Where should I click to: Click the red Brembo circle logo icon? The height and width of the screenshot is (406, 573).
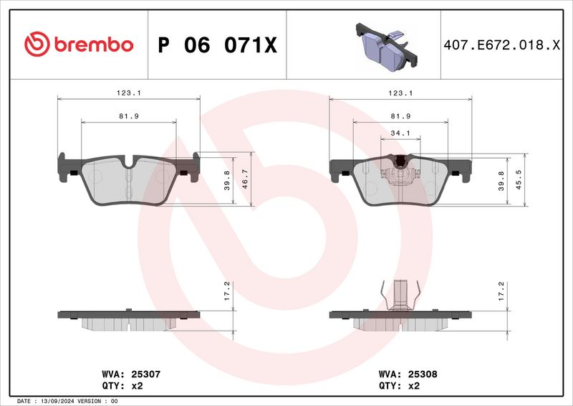pos(36,44)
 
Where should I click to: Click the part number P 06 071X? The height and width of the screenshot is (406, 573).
pos(216,45)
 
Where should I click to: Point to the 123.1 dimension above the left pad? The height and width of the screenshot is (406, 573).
pos(127,93)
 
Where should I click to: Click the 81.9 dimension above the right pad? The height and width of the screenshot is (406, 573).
pos(400,115)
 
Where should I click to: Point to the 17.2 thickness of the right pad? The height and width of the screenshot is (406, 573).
pos(501,290)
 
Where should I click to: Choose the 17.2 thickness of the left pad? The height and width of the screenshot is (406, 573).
pos(227,290)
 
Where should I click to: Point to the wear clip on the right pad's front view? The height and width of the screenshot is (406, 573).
pos(400,172)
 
